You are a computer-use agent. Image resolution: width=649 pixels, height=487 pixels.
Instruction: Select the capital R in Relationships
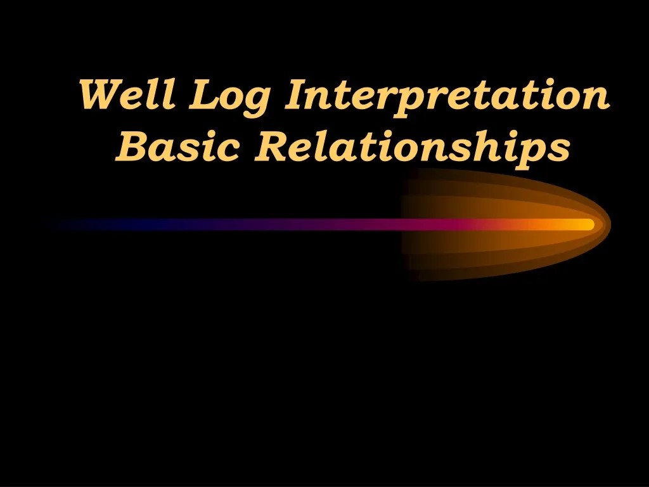click(x=270, y=146)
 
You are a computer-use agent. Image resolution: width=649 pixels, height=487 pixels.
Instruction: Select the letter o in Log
click(x=231, y=98)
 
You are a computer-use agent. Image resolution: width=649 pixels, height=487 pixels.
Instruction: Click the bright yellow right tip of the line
click(x=587, y=224)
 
